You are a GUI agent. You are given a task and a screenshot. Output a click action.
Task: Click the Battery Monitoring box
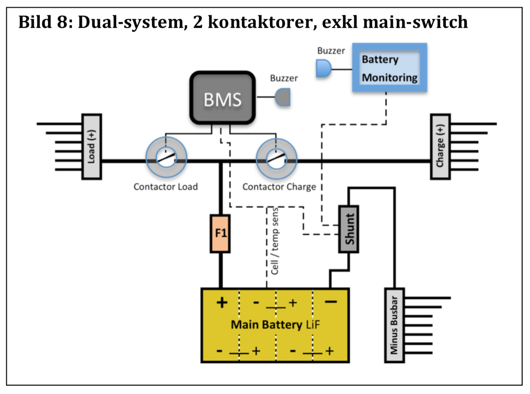click(389, 67)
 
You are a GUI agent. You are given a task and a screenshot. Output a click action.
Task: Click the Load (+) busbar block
click(92, 147)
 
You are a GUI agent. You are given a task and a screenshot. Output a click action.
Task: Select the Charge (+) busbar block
click(441, 147)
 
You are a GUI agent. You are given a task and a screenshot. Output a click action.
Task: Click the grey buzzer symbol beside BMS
click(283, 98)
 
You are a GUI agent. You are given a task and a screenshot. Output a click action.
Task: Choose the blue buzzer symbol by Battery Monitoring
click(323, 69)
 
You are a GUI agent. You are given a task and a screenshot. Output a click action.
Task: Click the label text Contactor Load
click(165, 187)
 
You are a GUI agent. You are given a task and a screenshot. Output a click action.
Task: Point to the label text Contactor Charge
click(279, 187)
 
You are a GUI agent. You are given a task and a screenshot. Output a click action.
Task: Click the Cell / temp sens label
click(274, 247)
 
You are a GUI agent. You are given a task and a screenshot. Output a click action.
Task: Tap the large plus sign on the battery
click(222, 303)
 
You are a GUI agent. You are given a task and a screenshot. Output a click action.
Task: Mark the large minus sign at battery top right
click(330, 302)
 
